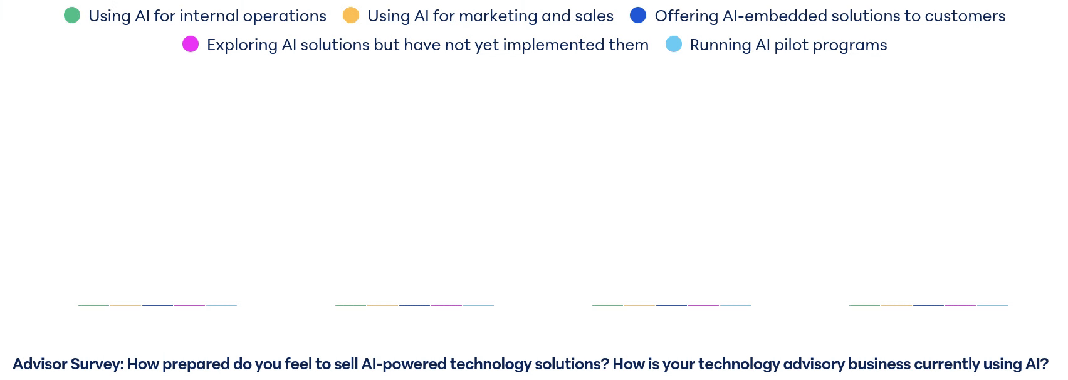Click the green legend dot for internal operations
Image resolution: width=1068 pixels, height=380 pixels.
[72, 15]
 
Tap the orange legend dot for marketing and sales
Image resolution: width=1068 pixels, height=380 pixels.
[351, 15]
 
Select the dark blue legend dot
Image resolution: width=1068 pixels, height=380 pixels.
[638, 15]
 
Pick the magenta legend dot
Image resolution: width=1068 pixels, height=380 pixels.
[191, 45]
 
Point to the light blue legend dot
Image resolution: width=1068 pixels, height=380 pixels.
[674, 45]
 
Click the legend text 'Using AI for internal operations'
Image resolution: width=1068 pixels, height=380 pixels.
[207, 16]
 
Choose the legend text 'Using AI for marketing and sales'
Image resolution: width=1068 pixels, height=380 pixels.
[491, 16]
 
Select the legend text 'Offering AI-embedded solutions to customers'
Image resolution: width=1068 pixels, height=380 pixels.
[830, 16]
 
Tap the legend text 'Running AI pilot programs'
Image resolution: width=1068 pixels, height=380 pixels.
[788, 45]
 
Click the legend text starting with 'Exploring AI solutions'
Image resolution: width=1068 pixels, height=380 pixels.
[427, 45]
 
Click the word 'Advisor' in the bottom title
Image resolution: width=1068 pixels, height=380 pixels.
[40, 364]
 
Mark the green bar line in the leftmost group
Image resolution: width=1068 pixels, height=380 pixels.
[93, 305]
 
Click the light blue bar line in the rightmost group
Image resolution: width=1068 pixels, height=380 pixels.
[992, 305]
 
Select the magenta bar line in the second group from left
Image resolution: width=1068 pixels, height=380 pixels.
[446, 305]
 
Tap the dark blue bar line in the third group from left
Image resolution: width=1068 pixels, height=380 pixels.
[671, 305]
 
